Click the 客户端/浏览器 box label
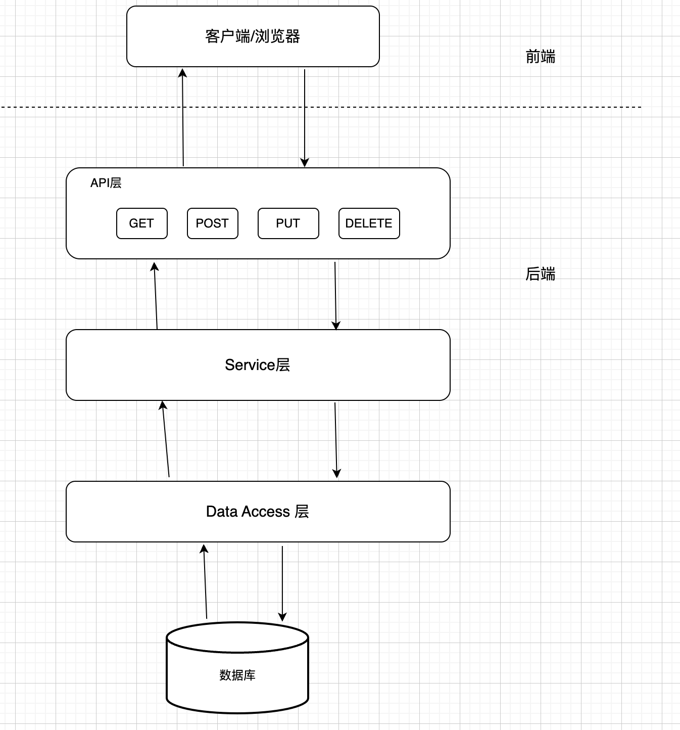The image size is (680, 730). click(x=253, y=36)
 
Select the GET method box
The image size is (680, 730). click(x=141, y=223)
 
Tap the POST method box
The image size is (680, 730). click(x=212, y=223)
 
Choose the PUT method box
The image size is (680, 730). click(x=288, y=223)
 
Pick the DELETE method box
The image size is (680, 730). click(x=369, y=223)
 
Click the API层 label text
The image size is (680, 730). click(x=106, y=183)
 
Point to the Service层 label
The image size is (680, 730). click(x=257, y=365)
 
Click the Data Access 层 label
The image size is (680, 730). click(x=257, y=512)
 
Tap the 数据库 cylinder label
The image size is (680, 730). click(x=237, y=675)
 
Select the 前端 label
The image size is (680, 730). click(x=540, y=57)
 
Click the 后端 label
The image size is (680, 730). click(x=540, y=274)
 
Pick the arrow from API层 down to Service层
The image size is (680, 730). click(x=335, y=296)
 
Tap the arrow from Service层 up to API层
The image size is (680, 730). click(x=156, y=296)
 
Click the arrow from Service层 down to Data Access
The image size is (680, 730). click(x=336, y=440)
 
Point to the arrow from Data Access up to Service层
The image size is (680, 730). click(x=166, y=440)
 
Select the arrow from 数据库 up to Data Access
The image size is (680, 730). click(x=205, y=581)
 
